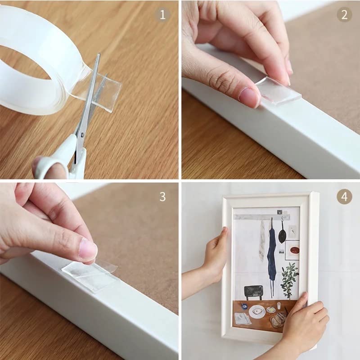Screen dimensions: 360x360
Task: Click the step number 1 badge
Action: pyautogui.click(x=162, y=15)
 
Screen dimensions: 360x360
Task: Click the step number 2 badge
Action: pyautogui.click(x=344, y=15)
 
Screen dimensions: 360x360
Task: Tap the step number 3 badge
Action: pyautogui.click(x=162, y=196)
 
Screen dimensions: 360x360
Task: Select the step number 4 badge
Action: pyautogui.click(x=344, y=196)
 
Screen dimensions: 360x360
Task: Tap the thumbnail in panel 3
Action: pyautogui.click(x=88, y=250)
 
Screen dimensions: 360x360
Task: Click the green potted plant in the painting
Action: pyautogui.click(x=289, y=279)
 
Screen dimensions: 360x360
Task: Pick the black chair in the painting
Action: pyautogui.click(x=253, y=293)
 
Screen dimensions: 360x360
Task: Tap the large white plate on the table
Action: pyautogui.click(x=257, y=311)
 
